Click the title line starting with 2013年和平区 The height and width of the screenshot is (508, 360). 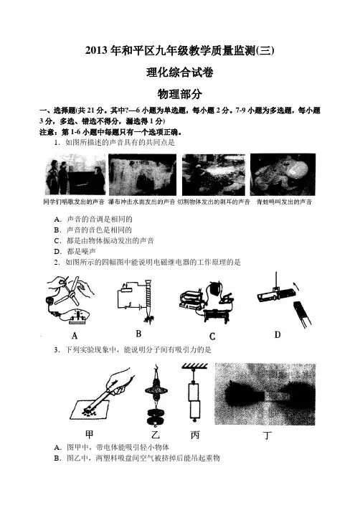click(180, 51)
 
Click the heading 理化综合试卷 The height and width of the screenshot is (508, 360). click(180, 72)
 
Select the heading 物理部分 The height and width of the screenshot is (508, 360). click(180, 94)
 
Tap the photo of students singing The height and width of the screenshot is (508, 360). click(75, 175)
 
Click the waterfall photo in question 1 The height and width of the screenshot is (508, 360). click(143, 174)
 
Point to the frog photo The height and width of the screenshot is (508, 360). click(283, 174)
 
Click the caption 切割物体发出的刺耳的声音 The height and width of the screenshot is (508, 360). click(214, 202)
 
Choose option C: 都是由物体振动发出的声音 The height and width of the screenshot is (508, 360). click(104, 240)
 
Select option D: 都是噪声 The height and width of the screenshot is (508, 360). click(75, 251)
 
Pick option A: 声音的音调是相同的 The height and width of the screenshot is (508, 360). click(93, 220)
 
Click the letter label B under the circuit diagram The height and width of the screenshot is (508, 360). click(138, 334)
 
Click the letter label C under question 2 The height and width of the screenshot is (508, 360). click(212, 337)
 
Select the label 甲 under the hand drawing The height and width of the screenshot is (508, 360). click(89, 434)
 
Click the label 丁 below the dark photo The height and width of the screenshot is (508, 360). click(267, 436)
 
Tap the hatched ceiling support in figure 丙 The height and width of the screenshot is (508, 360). click(195, 367)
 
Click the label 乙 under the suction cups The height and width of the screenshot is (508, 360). click(156, 434)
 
